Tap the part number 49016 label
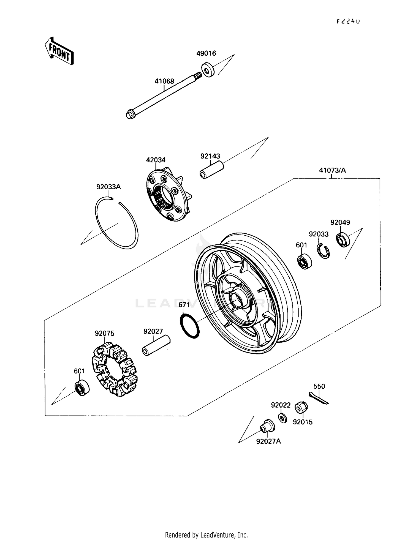click(x=206, y=53)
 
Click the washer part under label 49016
click(x=208, y=70)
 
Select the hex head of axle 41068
click(x=130, y=114)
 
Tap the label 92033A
click(x=108, y=187)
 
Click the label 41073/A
click(x=332, y=170)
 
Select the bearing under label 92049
click(x=343, y=240)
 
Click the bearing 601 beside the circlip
click(x=304, y=261)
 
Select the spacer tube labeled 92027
click(x=156, y=346)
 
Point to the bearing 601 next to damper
click(x=82, y=388)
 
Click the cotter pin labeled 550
click(x=319, y=398)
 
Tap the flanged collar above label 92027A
click(x=267, y=427)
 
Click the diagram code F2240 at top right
click(x=348, y=21)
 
